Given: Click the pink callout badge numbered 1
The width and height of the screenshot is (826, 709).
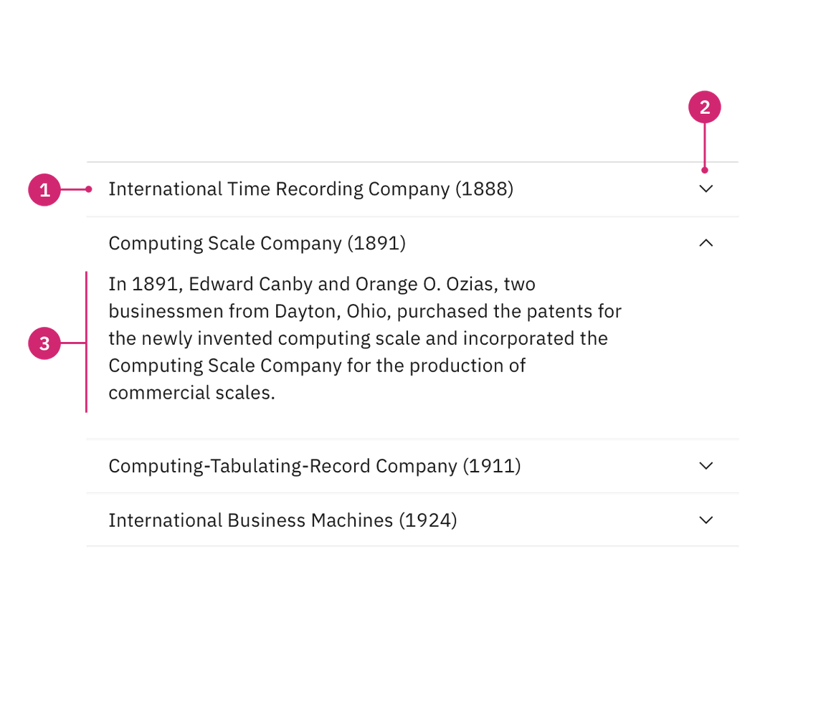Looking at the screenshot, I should [44, 190].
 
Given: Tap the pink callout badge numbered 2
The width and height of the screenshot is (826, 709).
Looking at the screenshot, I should [704, 108].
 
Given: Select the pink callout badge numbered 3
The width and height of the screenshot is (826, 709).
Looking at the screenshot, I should [44, 343].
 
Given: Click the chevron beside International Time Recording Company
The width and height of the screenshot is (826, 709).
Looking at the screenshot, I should [706, 189].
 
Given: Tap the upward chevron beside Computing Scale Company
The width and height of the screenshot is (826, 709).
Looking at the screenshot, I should [706, 244].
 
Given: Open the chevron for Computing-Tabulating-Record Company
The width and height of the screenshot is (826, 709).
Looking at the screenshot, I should [706, 466].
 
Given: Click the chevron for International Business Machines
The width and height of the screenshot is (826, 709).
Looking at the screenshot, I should [706, 520].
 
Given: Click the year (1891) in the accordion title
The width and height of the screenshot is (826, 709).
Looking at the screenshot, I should [376, 244].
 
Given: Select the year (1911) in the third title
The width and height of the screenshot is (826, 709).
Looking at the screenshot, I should [491, 466].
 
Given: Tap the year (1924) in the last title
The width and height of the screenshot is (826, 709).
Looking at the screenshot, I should [427, 520].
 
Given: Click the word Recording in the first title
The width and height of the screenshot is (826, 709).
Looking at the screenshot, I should [319, 189].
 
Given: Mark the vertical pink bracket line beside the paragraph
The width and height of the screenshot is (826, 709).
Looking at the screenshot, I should [86, 341].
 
